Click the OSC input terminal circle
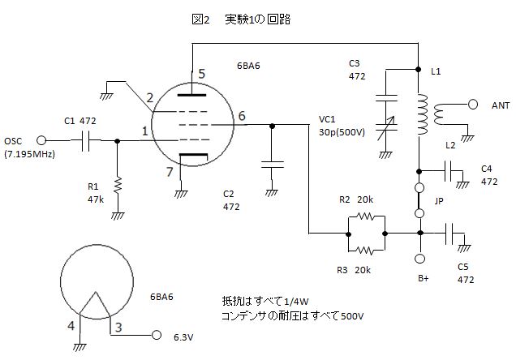click(41, 141)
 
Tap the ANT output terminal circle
click(473, 105)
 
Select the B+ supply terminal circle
click(419, 259)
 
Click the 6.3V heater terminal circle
click(157, 335)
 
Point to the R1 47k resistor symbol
click(118, 184)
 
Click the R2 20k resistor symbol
click(366, 216)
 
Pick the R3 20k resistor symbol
click(366, 251)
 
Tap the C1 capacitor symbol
click(85, 141)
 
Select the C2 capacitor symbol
click(272, 165)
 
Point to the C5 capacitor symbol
click(449, 234)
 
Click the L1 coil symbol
click(422, 114)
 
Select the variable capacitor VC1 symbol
click(387, 127)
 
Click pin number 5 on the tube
click(202, 74)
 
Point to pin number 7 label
click(170, 171)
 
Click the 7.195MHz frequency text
click(30, 154)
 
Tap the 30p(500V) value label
click(342, 132)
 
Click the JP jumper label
click(439, 200)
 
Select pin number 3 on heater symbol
click(118, 327)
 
